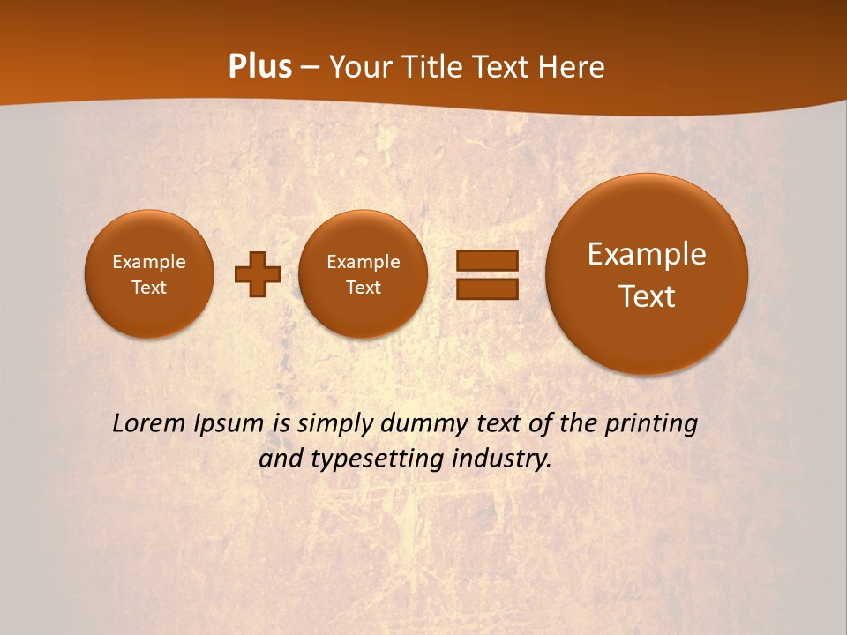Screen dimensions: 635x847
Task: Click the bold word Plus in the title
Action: tap(259, 67)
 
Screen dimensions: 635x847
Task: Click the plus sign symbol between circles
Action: tap(258, 274)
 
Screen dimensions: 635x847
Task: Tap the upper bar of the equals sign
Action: tap(487, 260)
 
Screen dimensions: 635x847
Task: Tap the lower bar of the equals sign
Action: tap(487, 289)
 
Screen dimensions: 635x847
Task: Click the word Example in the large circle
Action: tap(647, 254)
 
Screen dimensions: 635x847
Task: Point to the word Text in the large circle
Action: tap(647, 296)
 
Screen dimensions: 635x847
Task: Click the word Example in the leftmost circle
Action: tap(149, 262)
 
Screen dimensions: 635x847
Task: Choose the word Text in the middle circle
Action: tap(363, 288)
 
